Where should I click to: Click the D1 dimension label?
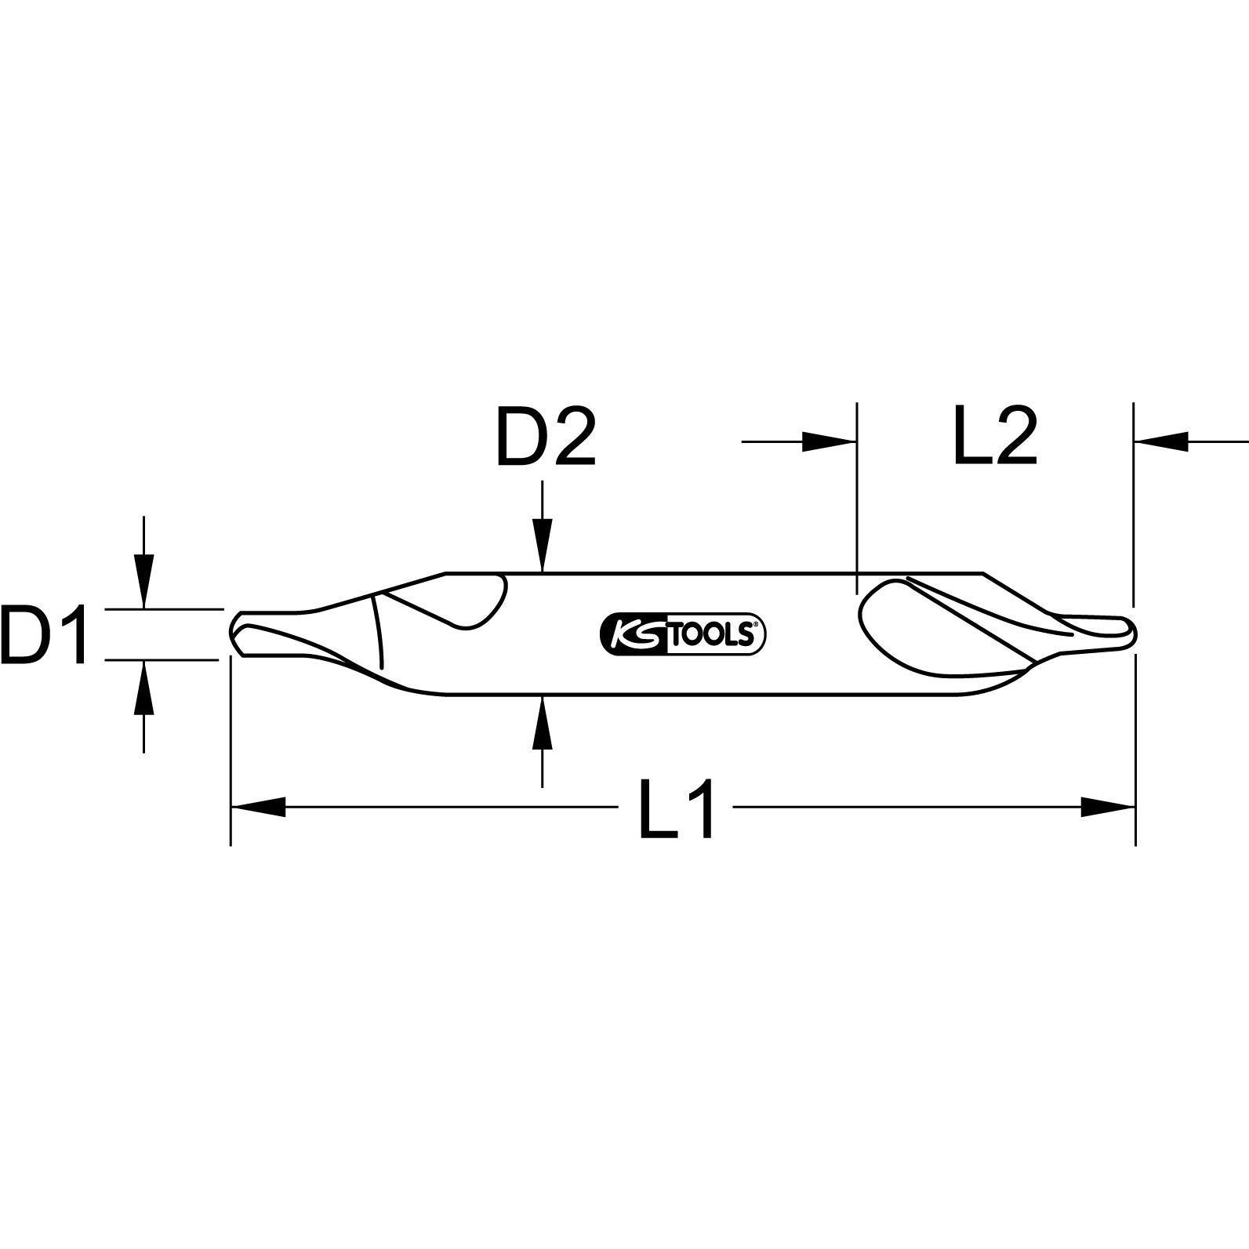point(45,634)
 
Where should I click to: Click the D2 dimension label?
point(546,436)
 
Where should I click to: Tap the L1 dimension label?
point(677,808)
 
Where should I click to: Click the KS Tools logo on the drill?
point(681,634)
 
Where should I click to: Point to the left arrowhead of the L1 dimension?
point(259,807)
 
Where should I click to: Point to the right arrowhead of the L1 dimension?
point(1107,807)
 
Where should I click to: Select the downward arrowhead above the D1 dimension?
point(143,580)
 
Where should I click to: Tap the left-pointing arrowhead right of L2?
point(1160,442)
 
